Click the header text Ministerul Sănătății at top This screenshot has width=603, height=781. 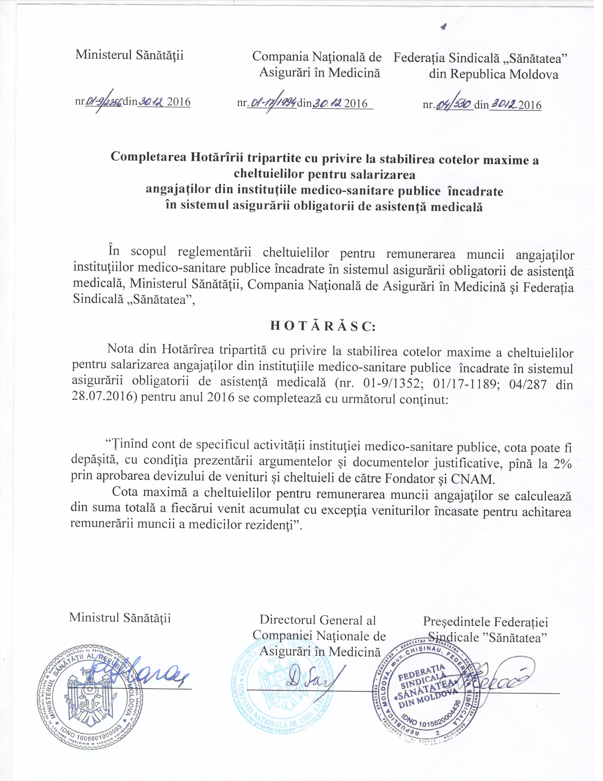129,56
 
